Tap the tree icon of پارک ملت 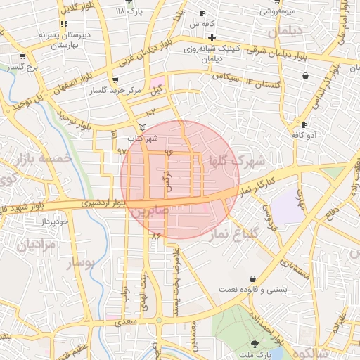point(254,344)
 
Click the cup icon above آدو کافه point(304,124)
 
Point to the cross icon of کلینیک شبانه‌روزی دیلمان point(212,37)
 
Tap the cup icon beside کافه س point(202,13)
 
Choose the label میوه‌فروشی point(278,11)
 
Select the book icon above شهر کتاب point(143,127)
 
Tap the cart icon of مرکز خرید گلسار point(115,81)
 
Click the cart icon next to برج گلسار point(22,57)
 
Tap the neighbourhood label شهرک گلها point(237,162)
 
